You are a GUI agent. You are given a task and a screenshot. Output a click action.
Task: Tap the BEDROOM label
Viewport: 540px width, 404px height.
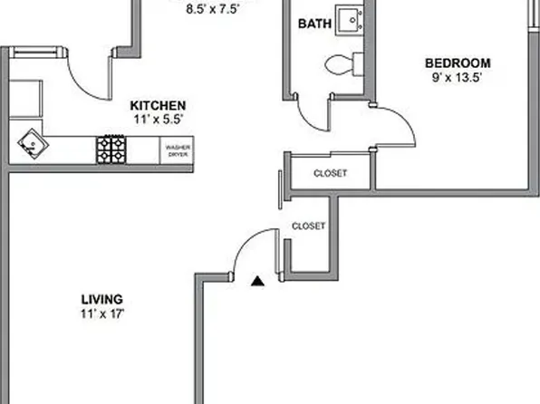click(x=458, y=63)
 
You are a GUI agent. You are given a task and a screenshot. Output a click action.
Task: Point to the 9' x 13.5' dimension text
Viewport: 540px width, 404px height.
click(x=458, y=78)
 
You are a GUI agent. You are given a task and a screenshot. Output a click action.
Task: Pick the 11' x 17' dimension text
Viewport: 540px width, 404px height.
click(x=101, y=314)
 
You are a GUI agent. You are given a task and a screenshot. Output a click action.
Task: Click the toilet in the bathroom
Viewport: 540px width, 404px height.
click(x=343, y=63)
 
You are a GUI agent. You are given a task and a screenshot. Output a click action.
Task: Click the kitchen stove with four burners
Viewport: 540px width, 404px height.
click(x=111, y=149)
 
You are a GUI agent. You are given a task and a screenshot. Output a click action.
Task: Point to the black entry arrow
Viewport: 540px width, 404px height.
click(x=258, y=281)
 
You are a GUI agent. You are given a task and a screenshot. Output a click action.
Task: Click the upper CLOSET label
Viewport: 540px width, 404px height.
click(x=330, y=173)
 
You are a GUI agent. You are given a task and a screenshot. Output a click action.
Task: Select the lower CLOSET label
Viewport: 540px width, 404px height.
click(x=308, y=226)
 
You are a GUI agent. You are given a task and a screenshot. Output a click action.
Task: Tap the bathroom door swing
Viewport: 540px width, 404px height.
click(x=313, y=113)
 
